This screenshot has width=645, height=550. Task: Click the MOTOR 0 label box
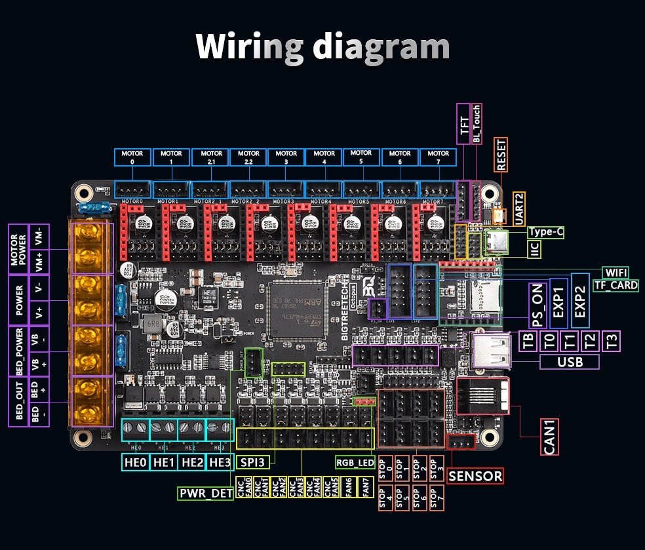(x=132, y=157)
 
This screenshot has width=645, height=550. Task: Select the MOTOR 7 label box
(x=439, y=157)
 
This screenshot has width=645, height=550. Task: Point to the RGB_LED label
(x=355, y=463)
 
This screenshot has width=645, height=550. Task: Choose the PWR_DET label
(x=206, y=493)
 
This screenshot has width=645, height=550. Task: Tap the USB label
(x=569, y=362)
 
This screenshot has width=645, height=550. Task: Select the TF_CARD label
(x=616, y=285)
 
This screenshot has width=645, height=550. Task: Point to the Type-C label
(x=545, y=232)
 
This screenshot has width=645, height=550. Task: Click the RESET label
(x=501, y=155)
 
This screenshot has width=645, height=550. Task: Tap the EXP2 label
(x=580, y=301)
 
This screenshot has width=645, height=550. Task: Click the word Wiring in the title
(x=249, y=47)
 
